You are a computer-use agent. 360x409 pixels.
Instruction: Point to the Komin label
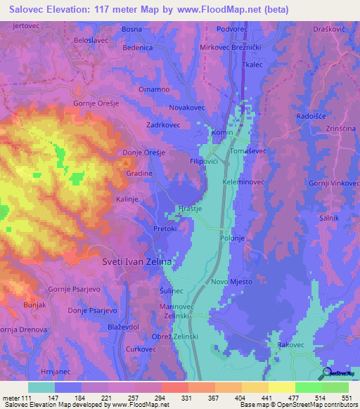point(222,132)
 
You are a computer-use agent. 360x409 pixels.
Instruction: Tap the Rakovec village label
point(290,346)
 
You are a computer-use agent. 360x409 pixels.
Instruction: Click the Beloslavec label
point(91,40)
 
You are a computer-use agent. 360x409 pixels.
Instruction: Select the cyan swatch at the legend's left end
point(41,387)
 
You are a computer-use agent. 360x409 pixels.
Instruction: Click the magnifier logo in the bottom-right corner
point(327,374)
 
